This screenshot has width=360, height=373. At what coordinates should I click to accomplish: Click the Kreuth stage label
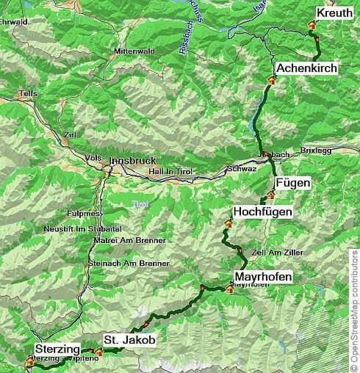pyautogui.click(x=334, y=13)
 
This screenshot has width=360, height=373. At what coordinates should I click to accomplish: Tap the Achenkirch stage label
pyautogui.click(x=306, y=68)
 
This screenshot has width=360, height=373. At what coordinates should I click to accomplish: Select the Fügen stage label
pyautogui.click(x=292, y=182)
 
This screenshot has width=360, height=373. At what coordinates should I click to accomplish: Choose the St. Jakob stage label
pyautogui.click(x=129, y=340)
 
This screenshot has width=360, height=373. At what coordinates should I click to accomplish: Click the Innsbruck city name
pyautogui.click(x=133, y=160)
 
